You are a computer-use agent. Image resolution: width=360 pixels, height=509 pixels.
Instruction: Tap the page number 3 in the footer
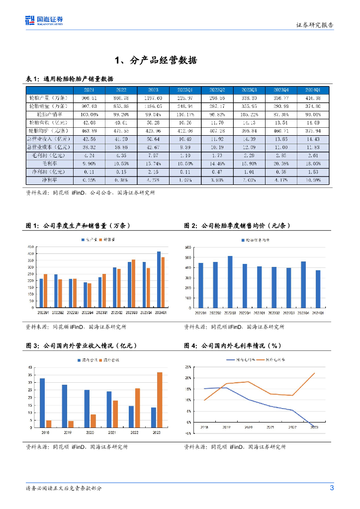[x=332, y=488]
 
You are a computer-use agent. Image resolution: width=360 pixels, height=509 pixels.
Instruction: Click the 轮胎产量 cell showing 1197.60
[x=154, y=98]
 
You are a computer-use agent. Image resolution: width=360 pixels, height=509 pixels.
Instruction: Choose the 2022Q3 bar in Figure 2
[x=230, y=282]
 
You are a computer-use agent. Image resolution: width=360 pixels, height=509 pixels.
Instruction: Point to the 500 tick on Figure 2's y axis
[x=187, y=257]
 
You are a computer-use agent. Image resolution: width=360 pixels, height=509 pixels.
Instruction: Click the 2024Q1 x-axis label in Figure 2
[x=318, y=313]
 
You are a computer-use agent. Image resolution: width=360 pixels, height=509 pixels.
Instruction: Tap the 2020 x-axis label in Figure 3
[x=90, y=432]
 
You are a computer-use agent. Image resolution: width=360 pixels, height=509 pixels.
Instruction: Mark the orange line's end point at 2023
[x=315, y=373]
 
